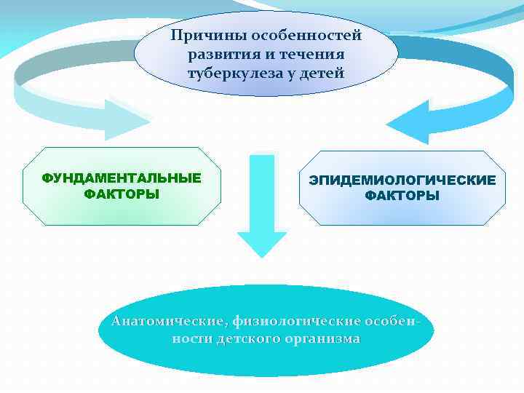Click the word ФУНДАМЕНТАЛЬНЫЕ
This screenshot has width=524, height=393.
click(122, 179)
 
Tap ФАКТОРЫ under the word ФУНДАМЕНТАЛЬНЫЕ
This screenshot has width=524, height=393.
click(122, 194)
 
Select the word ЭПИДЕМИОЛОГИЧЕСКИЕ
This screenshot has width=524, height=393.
click(402, 180)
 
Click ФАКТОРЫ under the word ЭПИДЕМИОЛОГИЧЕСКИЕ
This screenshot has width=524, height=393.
click(402, 196)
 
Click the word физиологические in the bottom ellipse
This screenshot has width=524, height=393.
click(297, 322)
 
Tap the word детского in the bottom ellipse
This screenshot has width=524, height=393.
click(244, 340)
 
